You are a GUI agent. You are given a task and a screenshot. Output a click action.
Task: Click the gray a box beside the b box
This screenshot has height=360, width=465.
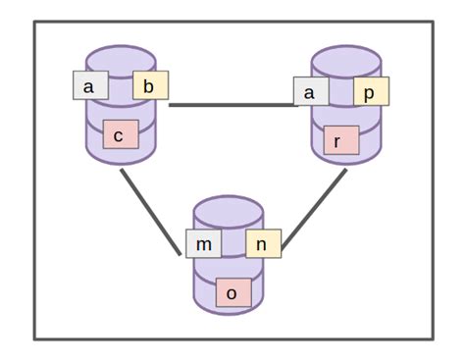coord(90,86)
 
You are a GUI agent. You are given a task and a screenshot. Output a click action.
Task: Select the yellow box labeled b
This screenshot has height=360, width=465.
coord(150,86)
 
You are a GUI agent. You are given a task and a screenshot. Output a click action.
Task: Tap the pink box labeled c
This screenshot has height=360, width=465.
coord(120,135)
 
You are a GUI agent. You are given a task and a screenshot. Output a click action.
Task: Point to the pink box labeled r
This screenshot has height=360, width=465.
coord(339,141)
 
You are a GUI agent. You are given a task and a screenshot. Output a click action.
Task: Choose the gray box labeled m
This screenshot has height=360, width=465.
coord(203,243)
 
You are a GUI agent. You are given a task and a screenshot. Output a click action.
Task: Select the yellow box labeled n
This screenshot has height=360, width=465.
coord(263,243)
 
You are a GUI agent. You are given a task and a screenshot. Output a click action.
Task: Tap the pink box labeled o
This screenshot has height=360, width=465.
coord(232,292)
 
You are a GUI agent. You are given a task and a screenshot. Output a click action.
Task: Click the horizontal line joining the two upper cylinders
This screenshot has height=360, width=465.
coord(232,104)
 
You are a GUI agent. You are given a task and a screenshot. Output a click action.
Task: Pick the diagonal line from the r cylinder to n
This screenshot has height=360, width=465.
coord(315,211)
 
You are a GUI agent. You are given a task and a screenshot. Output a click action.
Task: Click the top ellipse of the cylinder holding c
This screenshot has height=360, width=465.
coord(120,55)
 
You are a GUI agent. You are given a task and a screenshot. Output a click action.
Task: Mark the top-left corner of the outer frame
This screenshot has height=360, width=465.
coord(35,22)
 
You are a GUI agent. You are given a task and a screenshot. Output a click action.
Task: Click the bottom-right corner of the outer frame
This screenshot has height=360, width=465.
coord(433,338)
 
